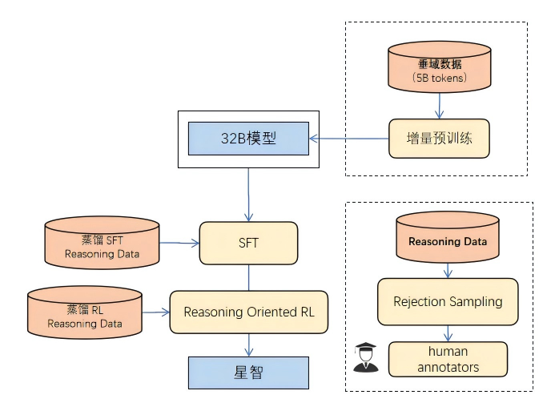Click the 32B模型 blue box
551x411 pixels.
248,138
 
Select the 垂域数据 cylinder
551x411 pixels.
439,69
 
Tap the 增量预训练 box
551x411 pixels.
439,138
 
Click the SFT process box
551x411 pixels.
248,243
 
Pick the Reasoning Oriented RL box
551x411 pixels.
248,312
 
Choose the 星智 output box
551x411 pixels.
248,373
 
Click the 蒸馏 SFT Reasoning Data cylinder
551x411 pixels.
102,242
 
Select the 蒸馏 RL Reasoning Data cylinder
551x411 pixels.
84,312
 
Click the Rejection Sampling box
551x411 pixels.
448,301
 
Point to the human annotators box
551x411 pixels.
448,359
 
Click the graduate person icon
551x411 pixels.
364,358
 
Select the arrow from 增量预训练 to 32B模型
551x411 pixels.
349,138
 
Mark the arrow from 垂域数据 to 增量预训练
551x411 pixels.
439,106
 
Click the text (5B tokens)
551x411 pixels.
439,79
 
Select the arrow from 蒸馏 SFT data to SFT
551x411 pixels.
179,242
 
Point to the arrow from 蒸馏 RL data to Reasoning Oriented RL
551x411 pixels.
155,312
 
